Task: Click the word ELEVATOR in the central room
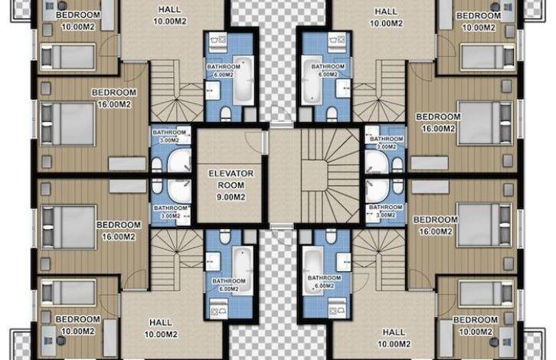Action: tap(231, 173)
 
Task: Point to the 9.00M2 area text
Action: tap(231, 197)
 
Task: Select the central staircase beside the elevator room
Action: tap(330, 176)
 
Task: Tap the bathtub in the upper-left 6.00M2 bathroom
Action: tap(244, 80)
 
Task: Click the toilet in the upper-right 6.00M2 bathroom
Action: tap(332, 113)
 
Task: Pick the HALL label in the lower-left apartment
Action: tap(161, 322)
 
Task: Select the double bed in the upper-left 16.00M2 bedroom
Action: tap(67, 123)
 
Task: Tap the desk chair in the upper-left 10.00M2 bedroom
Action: tap(62, 5)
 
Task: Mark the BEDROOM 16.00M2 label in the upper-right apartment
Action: tap(438, 123)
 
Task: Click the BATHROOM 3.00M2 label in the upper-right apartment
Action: tap(386, 142)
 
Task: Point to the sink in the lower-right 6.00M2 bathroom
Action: tap(344, 260)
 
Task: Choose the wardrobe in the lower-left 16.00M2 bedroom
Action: tap(128, 186)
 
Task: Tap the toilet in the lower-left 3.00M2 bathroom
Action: tap(157, 185)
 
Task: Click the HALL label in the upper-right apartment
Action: tap(386, 11)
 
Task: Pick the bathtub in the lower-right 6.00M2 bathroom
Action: tap(313, 271)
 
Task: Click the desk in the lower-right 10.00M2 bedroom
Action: tap(507, 341)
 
